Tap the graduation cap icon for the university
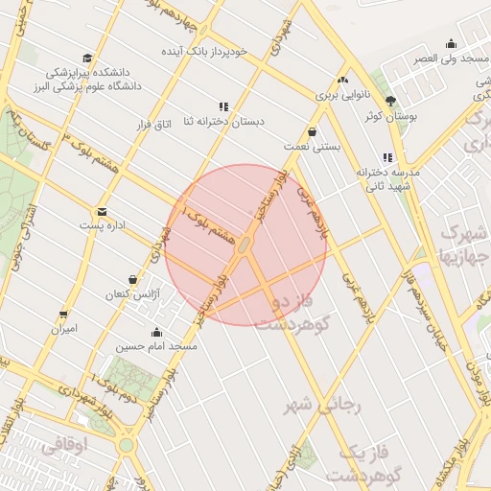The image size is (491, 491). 88,58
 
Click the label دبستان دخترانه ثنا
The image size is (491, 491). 228,123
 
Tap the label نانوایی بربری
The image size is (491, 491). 342,96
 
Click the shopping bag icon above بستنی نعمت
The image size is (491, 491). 313,131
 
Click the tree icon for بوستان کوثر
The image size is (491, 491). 389,101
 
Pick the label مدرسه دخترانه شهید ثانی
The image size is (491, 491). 387,179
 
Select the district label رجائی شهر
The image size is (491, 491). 323,406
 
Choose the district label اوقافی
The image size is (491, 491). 65,445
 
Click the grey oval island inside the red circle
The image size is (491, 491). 245,246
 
